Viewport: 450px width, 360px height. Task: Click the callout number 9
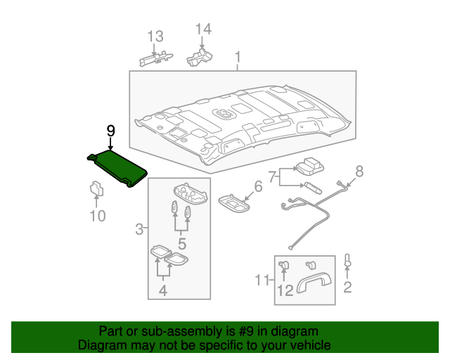pos(110,131)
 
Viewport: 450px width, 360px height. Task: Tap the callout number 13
pos(155,37)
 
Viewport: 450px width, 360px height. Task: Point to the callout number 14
pos(202,29)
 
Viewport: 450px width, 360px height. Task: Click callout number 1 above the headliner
pos(238,56)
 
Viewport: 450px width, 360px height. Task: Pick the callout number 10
pos(98,216)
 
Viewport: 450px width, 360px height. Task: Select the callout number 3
pos(139,229)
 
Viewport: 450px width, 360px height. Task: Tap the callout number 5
pos(181,244)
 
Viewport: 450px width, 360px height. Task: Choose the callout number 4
pos(162,288)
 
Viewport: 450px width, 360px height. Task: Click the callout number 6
pos(257,186)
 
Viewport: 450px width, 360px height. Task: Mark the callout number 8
pos(359,170)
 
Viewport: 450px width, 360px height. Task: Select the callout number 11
pos(262,281)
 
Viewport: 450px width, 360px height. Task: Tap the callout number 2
pos(347,287)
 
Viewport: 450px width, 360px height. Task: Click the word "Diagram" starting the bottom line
pos(101,345)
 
